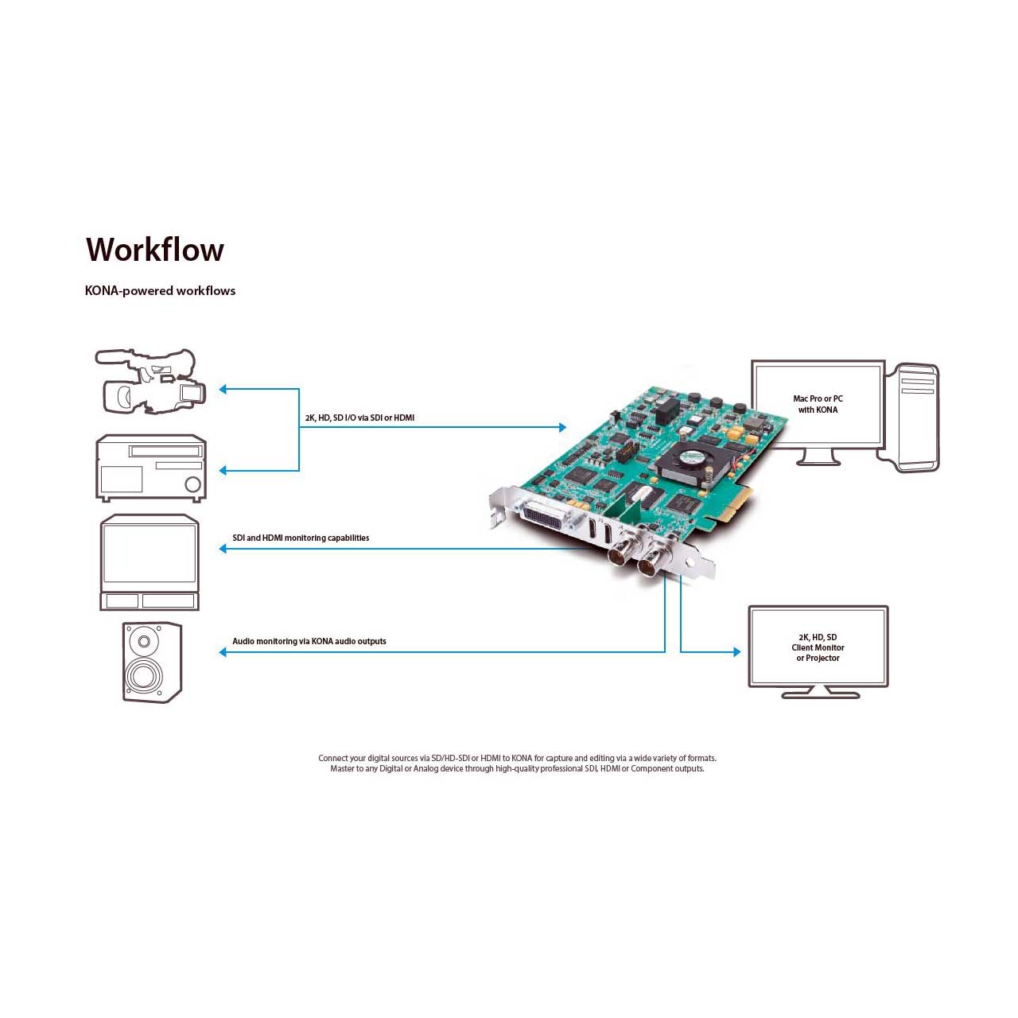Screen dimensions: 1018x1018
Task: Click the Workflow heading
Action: tap(155, 249)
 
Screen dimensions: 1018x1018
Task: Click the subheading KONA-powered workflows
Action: tap(160, 290)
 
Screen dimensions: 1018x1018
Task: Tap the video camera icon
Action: tap(150, 381)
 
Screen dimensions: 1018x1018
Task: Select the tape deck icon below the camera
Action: tap(151, 468)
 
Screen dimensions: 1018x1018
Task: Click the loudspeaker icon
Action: tap(152, 662)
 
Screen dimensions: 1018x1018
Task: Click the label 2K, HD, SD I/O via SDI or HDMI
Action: tap(359, 418)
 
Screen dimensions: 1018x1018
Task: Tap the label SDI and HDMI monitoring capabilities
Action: tap(301, 538)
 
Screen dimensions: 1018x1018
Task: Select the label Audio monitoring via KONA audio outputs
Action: tap(309, 641)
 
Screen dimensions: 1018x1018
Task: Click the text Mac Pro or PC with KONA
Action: tap(818, 404)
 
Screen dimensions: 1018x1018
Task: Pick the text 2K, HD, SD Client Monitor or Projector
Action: tap(818, 647)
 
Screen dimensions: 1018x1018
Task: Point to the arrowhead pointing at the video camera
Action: tap(223, 390)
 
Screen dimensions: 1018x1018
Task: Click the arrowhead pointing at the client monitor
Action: tap(737, 652)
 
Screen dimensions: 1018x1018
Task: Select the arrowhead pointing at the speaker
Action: tap(223, 652)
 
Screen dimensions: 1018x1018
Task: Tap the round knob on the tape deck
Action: tap(192, 484)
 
